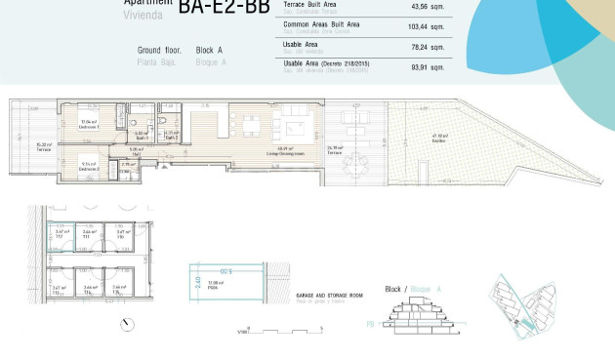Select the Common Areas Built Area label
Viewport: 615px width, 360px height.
coord(321,23)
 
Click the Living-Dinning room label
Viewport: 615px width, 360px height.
coord(285,153)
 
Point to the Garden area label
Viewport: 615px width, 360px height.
coord(438,139)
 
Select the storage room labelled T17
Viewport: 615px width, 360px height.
coord(59,234)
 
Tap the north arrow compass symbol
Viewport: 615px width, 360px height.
coord(126,324)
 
